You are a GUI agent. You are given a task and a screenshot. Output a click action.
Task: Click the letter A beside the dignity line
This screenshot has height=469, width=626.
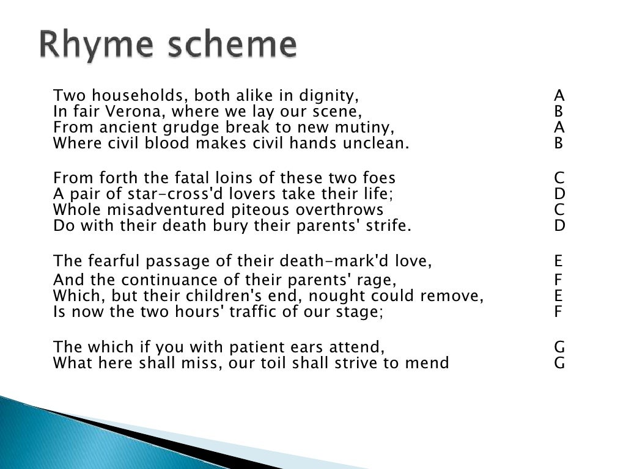click(559, 96)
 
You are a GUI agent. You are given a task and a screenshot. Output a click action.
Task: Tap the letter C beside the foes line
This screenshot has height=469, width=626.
click(559, 178)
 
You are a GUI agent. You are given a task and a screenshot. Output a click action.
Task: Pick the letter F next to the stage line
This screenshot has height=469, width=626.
click(559, 312)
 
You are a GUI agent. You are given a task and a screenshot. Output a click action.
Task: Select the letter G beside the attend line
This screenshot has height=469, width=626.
click(559, 347)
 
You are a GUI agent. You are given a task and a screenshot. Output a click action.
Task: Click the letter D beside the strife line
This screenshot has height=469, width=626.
click(559, 226)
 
